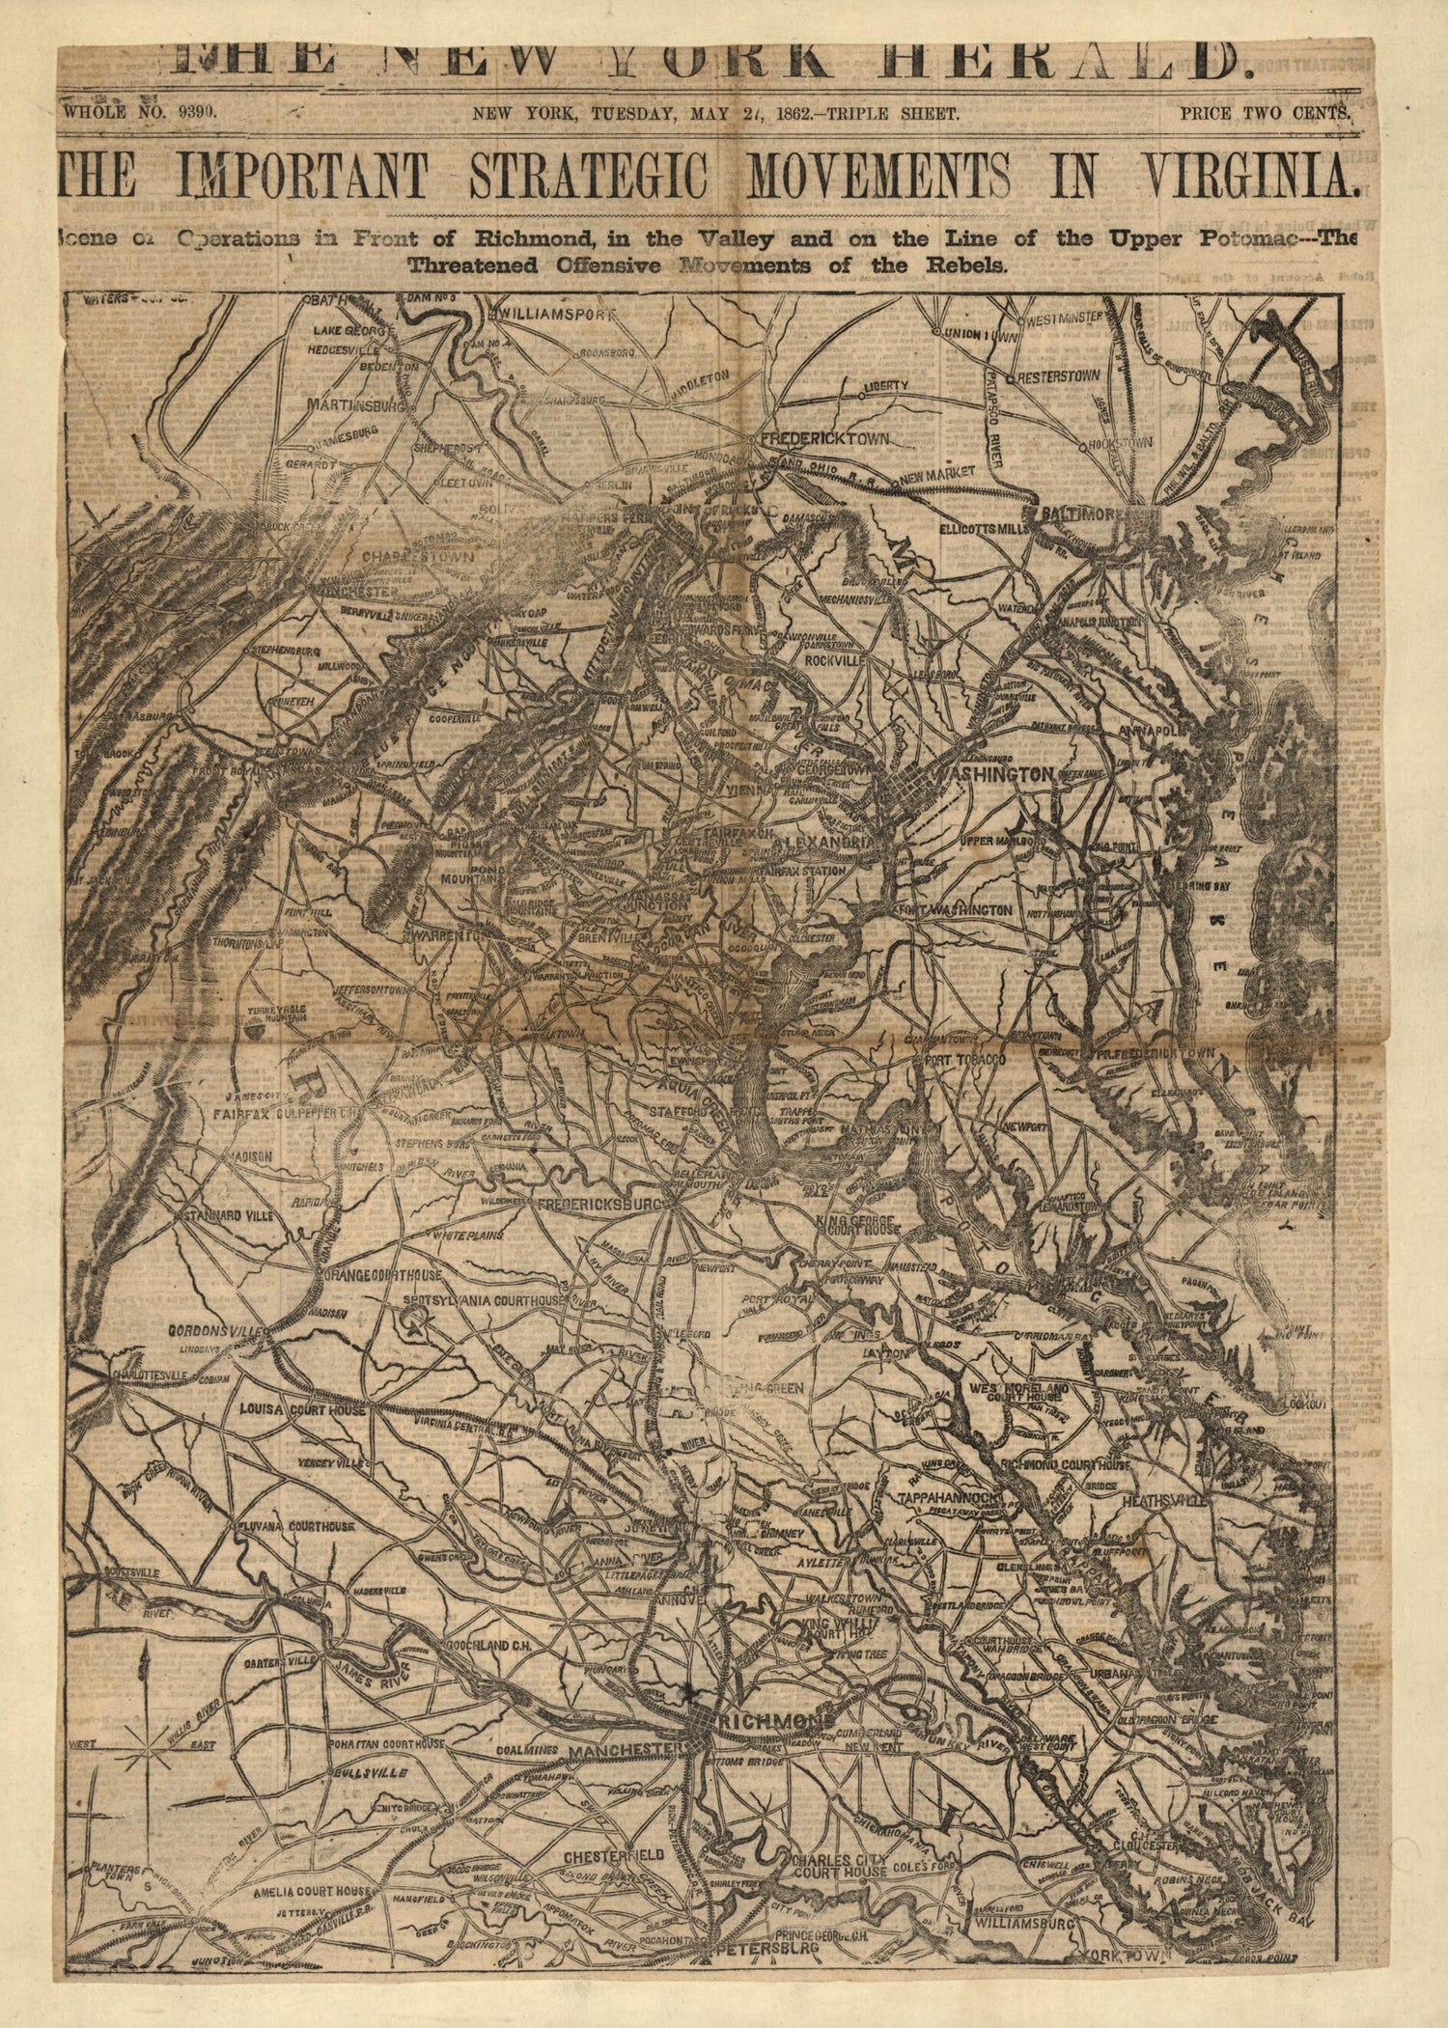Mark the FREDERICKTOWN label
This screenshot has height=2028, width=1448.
(x=824, y=439)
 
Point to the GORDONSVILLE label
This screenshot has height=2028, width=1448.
(x=217, y=1330)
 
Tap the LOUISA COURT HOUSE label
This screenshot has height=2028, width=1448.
(x=302, y=1410)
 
